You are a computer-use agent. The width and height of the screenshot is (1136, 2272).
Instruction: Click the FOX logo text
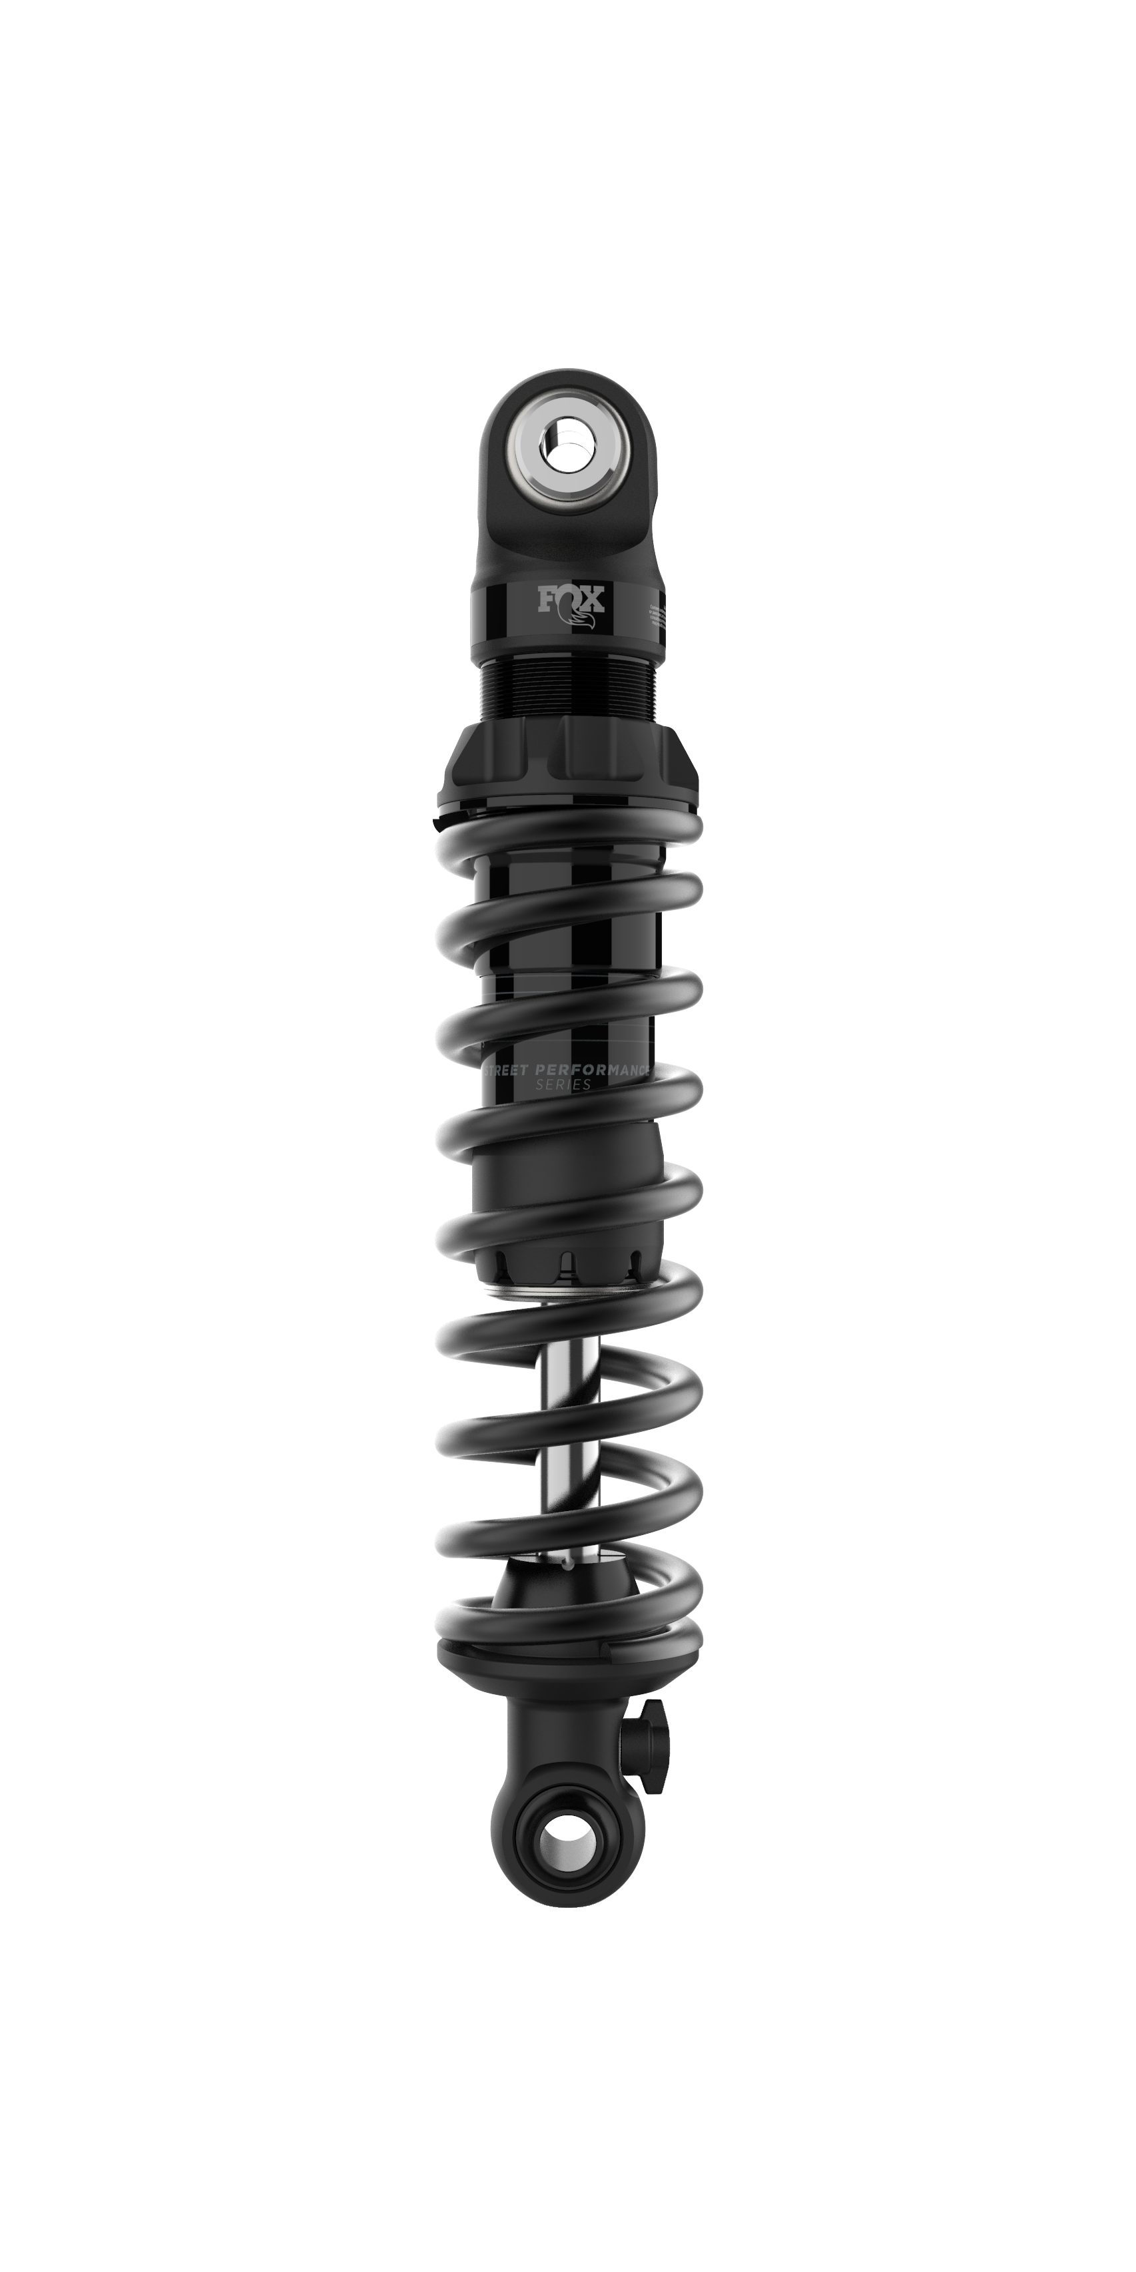click(571, 600)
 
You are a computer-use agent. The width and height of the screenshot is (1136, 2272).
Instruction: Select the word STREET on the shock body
click(505, 1069)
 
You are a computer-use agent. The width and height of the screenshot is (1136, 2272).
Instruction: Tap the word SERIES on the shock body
click(563, 1085)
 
